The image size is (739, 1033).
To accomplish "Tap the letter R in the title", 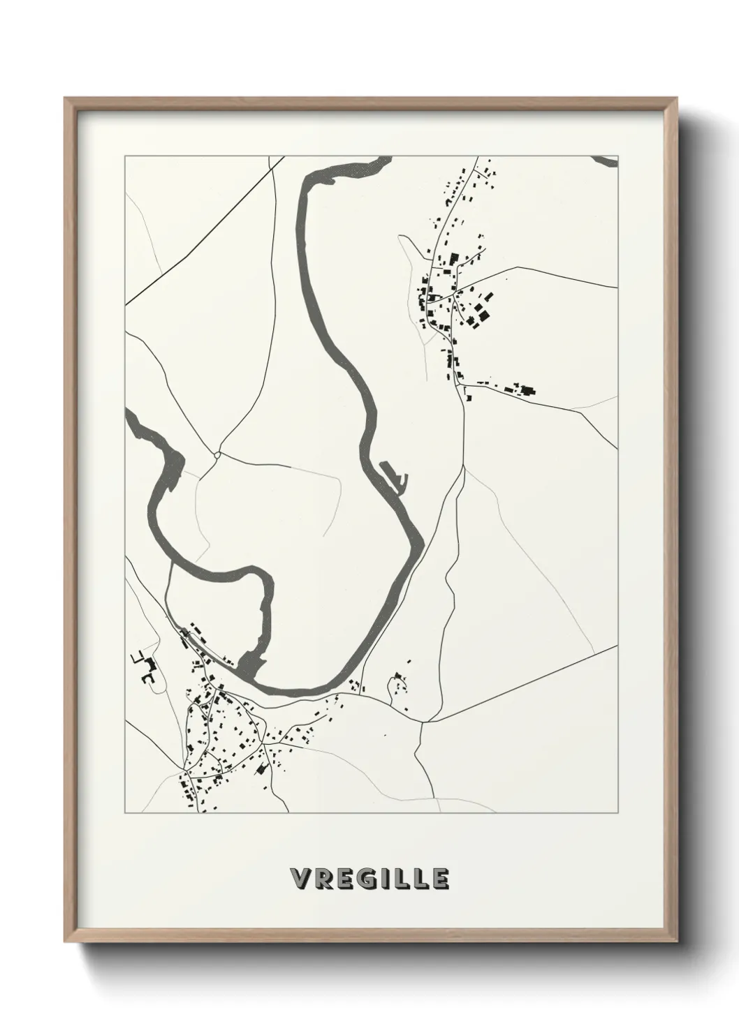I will pos(321,879).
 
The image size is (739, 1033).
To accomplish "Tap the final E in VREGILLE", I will pos(440,879).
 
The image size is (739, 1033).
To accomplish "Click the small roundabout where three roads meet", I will pos(218,454).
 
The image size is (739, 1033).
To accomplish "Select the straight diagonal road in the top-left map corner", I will pos(203,230).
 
